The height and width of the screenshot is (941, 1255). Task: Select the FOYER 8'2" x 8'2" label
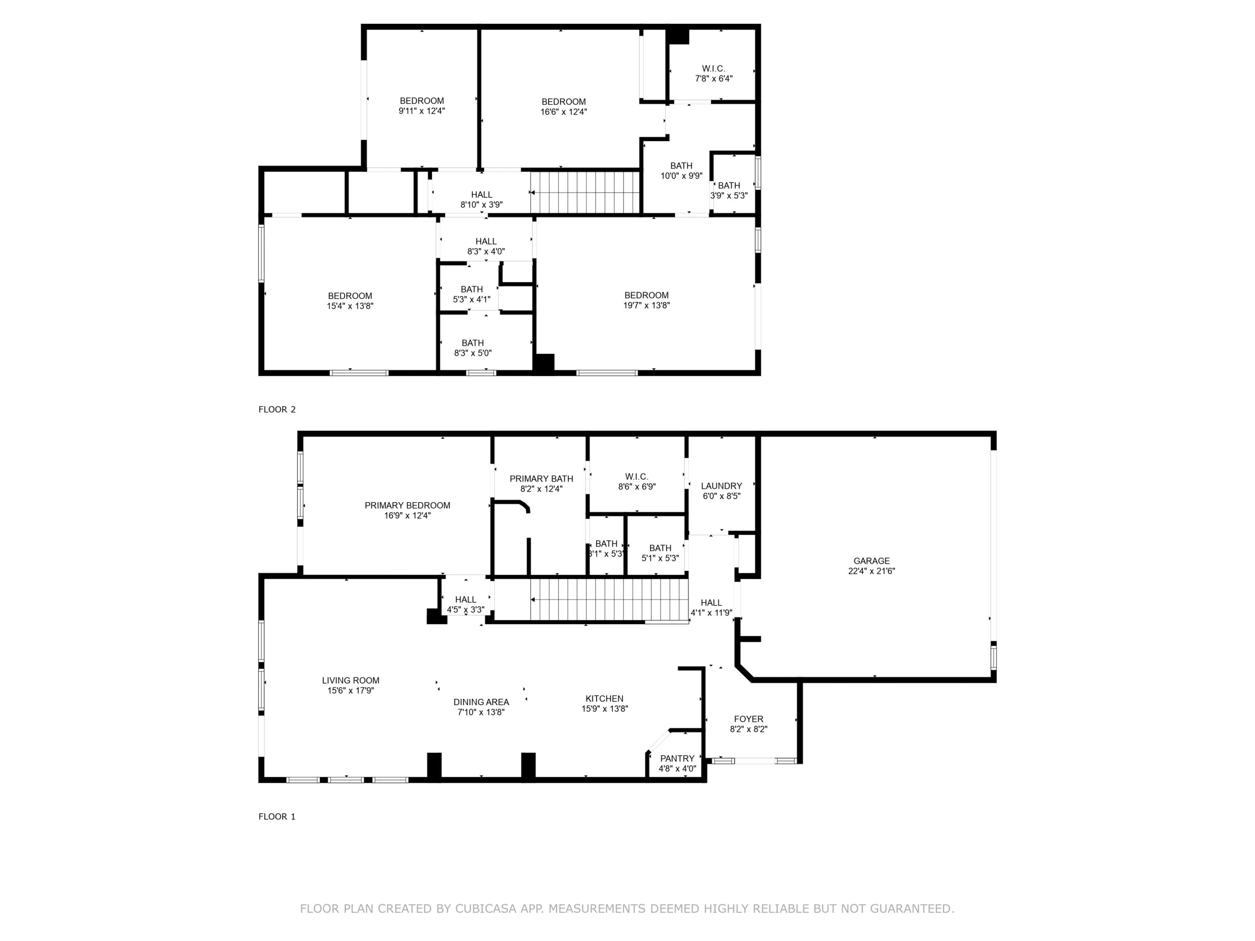pos(748,724)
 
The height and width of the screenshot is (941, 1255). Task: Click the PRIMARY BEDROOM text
pos(407,505)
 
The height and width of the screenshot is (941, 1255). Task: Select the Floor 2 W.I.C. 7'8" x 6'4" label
pos(713,74)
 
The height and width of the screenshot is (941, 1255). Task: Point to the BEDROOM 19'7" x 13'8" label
pos(646,300)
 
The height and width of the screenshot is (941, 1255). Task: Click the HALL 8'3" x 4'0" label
pos(486,246)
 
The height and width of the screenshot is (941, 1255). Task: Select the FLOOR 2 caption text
pos(277,409)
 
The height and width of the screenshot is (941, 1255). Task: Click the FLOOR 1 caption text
pos(277,817)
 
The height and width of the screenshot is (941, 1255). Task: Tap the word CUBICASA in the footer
pos(485,909)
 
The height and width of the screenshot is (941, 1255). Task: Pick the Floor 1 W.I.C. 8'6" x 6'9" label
pos(637,481)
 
